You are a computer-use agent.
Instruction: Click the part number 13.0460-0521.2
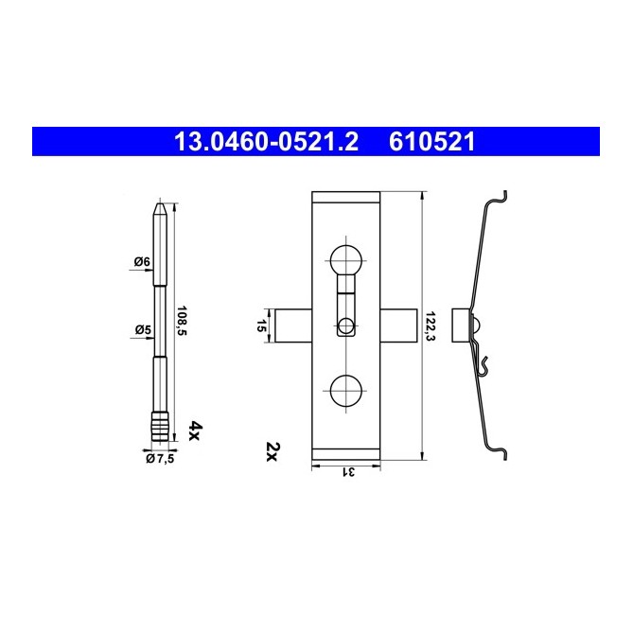point(266,142)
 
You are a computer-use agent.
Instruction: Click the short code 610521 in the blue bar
point(432,142)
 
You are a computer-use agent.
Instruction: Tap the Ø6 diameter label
point(142,262)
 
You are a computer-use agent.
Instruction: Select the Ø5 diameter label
point(143,330)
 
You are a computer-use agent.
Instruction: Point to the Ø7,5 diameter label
point(160,458)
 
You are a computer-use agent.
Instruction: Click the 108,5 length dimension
point(183,321)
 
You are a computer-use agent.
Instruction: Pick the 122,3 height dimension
point(431,326)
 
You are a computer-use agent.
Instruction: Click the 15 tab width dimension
point(261,325)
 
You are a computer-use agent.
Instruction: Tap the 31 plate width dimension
point(349,471)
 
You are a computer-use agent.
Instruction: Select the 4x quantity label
point(196,431)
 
